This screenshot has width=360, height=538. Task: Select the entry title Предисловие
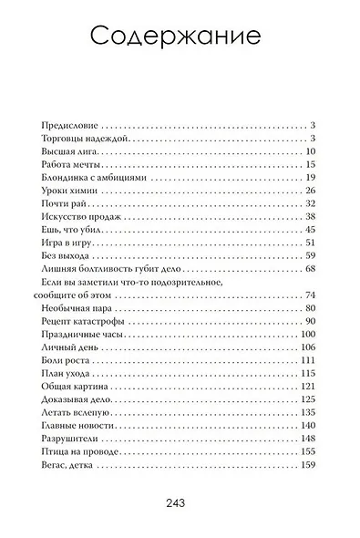(x=70, y=124)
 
